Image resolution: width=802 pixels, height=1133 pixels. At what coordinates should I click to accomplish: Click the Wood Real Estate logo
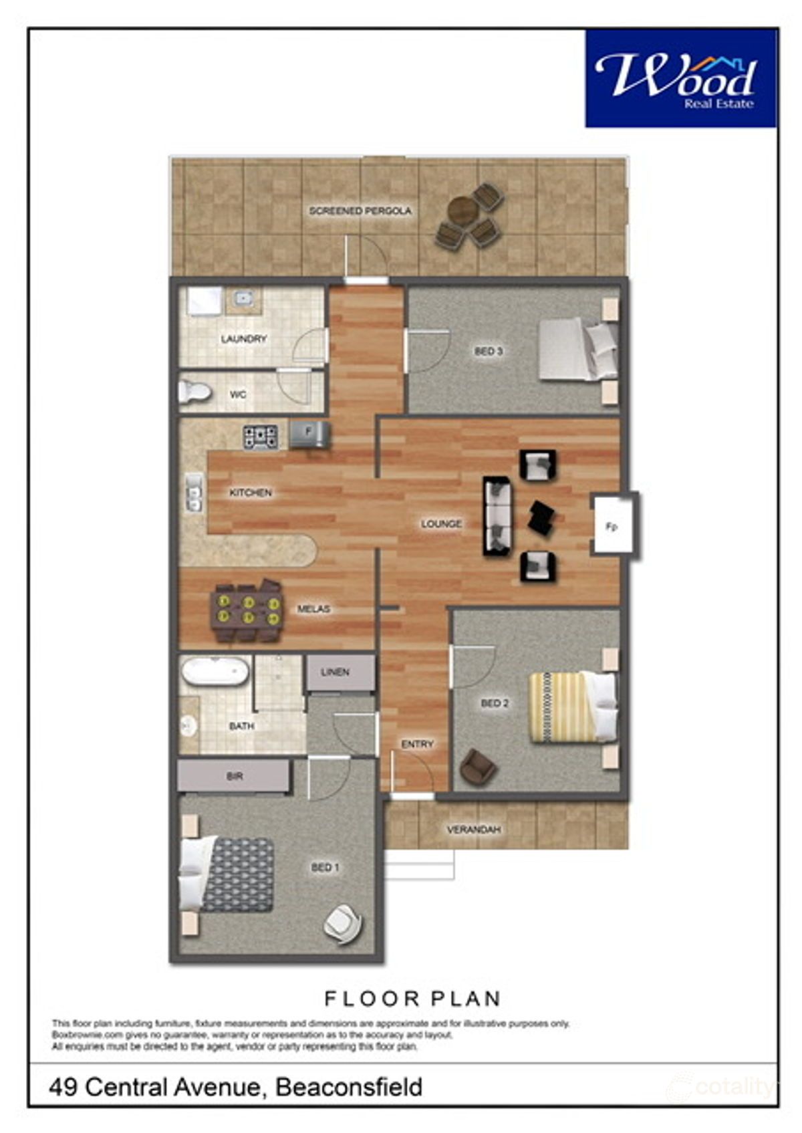(680, 78)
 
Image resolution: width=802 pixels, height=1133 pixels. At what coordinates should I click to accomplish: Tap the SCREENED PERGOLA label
(360, 211)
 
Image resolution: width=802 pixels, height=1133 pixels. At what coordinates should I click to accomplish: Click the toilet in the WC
(195, 392)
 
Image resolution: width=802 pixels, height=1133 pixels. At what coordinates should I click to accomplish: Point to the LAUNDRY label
(244, 339)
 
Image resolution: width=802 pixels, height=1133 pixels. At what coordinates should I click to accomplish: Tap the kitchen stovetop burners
(261, 437)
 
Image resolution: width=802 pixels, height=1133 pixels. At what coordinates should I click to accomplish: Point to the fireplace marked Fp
(614, 526)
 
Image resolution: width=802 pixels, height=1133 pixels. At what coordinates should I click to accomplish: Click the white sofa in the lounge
(499, 517)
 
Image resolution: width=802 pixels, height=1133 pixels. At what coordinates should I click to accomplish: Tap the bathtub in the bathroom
(215, 671)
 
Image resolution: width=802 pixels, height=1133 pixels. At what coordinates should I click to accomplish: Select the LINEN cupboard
(340, 672)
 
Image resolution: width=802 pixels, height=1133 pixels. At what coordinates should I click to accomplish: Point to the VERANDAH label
(474, 830)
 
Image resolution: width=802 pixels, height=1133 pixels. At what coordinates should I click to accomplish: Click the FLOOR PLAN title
(412, 999)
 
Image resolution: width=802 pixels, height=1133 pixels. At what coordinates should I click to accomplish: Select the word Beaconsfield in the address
(349, 1086)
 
